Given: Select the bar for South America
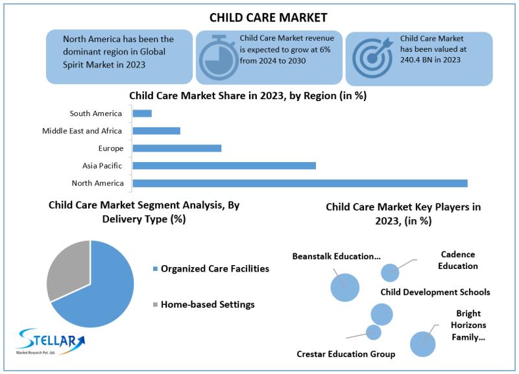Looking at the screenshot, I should (x=142, y=113).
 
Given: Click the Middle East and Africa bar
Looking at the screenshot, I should (x=156, y=130).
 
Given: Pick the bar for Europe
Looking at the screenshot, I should (x=177, y=148).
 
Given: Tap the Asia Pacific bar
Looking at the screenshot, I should (x=224, y=165).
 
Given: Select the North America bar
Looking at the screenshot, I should (x=300, y=183).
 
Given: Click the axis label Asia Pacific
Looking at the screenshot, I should (x=103, y=166).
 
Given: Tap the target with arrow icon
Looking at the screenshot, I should (x=372, y=57).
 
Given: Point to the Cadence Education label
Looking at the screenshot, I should (x=457, y=260).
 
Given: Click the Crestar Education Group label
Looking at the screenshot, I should (x=346, y=354).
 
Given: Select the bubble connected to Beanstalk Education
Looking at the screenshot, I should (x=344, y=287).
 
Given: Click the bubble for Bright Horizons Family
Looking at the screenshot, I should (x=422, y=344).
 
